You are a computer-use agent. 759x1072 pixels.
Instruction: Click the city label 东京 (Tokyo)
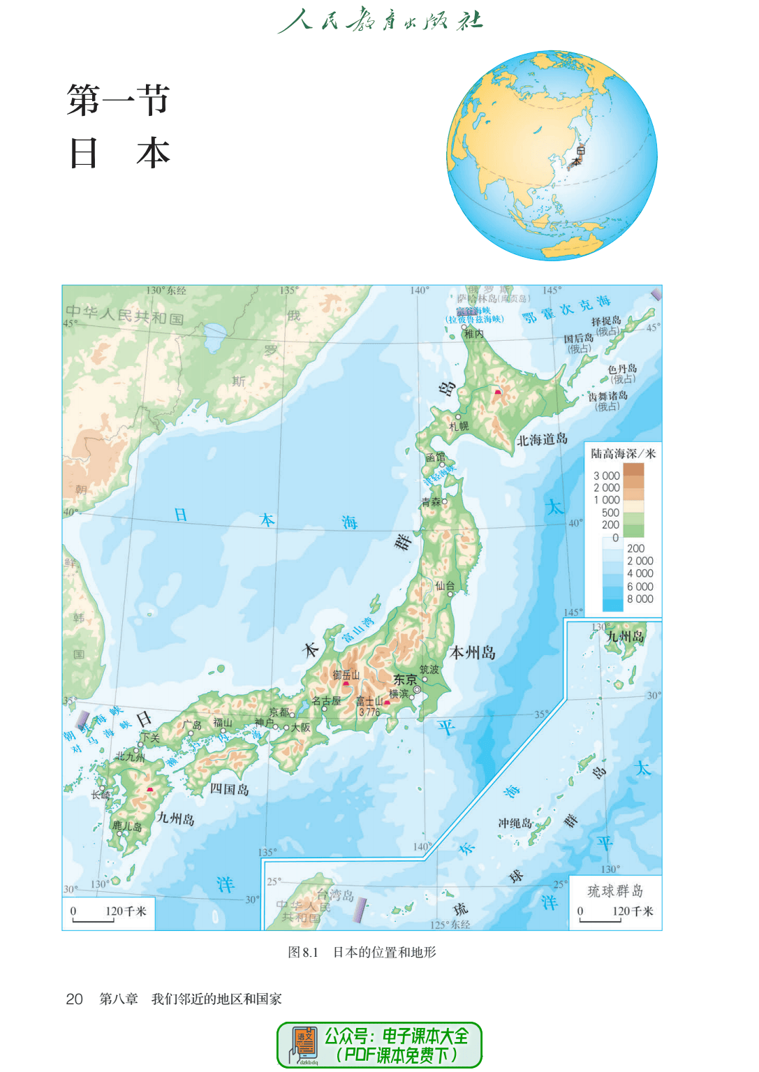click(405, 680)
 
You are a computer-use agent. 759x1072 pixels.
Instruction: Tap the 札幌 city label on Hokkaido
click(459, 426)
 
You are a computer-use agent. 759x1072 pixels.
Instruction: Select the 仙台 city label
click(445, 586)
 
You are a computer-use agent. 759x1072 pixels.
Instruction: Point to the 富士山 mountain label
click(369, 701)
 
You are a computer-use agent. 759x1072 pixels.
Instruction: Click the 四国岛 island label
click(229, 789)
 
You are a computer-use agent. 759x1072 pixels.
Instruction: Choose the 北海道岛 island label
click(542, 440)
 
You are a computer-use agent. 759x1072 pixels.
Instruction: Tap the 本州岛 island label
click(473, 653)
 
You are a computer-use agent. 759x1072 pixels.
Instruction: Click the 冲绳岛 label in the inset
click(515, 823)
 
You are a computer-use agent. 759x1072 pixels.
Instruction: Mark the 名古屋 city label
click(326, 701)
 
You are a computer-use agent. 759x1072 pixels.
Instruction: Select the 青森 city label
click(431, 502)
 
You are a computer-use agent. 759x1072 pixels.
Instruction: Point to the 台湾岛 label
click(335, 895)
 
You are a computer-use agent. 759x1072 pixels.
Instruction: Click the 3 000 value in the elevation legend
click(607, 476)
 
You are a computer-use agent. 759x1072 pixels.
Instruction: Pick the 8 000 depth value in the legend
click(640, 599)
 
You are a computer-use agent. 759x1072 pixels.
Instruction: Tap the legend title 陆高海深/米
click(623, 454)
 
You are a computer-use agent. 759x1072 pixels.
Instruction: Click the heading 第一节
click(118, 100)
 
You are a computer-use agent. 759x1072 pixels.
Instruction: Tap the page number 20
click(74, 999)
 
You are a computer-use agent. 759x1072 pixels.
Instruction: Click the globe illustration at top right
click(552, 155)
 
